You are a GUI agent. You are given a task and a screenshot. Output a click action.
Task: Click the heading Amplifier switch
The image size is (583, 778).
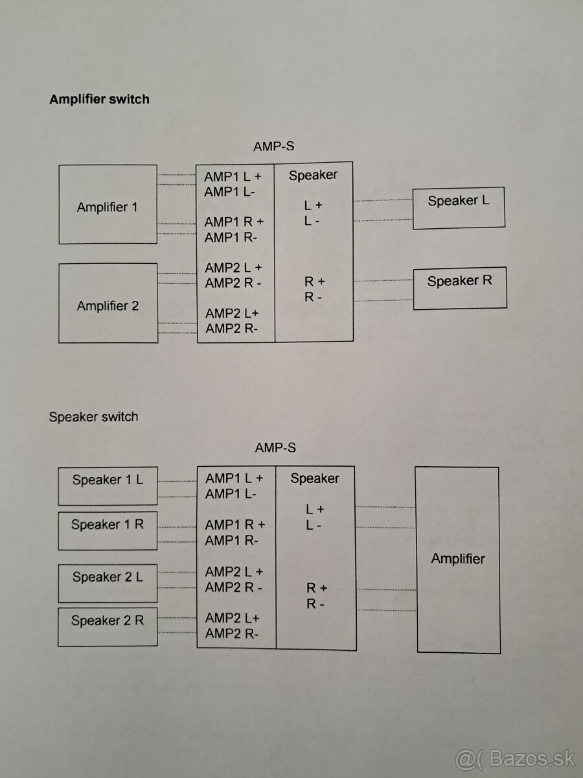(99, 99)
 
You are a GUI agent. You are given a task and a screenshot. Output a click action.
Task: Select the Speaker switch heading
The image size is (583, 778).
(93, 416)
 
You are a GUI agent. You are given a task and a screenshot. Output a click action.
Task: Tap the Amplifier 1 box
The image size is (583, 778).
(108, 204)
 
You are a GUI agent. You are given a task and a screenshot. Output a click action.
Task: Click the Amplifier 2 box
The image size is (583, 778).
(108, 303)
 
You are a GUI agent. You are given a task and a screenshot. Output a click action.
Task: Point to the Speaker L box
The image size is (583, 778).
(458, 207)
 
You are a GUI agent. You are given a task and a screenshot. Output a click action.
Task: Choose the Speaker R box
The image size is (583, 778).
(459, 288)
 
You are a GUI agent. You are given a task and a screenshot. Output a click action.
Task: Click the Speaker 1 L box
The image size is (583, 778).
(108, 486)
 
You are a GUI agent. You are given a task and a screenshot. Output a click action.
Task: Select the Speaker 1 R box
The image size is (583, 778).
(108, 531)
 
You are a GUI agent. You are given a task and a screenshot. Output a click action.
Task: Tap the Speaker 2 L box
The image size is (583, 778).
(108, 583)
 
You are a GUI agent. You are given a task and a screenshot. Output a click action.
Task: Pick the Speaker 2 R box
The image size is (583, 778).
(108, 626)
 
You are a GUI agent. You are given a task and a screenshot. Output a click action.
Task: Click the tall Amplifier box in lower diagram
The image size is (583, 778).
(457, 559)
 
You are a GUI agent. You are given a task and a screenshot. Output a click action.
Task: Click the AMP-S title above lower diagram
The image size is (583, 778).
(275, 447)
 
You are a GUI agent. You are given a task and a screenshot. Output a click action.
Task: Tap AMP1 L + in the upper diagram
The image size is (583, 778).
(234, 176)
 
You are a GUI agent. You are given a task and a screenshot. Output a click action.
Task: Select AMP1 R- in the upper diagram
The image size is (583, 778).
(231, 237)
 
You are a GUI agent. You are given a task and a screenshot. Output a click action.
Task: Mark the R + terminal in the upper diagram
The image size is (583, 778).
(315, 281)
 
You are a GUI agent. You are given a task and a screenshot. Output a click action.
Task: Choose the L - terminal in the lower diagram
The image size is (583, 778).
(314, 525)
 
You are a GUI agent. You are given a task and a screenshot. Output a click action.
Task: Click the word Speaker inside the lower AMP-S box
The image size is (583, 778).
(315, 478)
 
